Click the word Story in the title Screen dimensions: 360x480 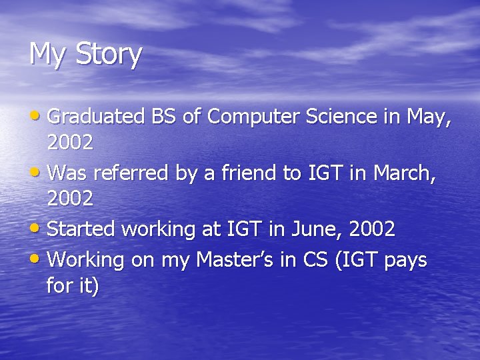[109, 54]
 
